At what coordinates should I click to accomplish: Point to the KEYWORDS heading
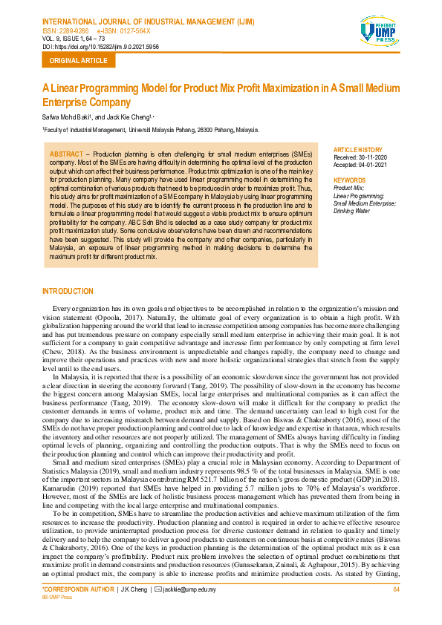(349, 180)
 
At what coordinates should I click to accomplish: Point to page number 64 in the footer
(396, 610)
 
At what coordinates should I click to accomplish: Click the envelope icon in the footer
(157, 610)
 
